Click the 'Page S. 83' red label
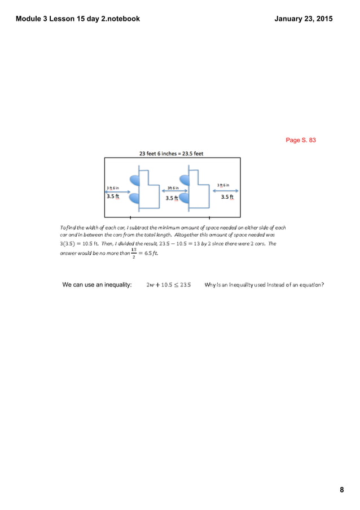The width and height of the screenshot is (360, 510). click(301, 140)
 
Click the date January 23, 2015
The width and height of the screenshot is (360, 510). click(303, 19)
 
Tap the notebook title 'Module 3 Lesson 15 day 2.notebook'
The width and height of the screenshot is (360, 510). click(78, 19)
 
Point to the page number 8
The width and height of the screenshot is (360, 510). click(341, 490)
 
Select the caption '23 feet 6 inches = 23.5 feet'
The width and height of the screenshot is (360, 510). click(172, 152)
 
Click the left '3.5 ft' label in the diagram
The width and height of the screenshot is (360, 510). click(113, 197)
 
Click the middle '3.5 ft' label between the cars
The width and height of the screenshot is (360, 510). click(172, 198)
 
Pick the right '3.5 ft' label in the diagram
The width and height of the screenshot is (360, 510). click(227, 197)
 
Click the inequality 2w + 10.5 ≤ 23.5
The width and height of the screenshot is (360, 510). click(168, 285)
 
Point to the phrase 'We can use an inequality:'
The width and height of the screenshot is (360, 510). click(97, 285)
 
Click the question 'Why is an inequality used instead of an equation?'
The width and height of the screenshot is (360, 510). click(264, 285)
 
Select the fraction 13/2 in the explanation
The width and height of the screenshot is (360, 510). click(134, 252)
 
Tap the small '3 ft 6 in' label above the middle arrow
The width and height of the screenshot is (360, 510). click(172, 188)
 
